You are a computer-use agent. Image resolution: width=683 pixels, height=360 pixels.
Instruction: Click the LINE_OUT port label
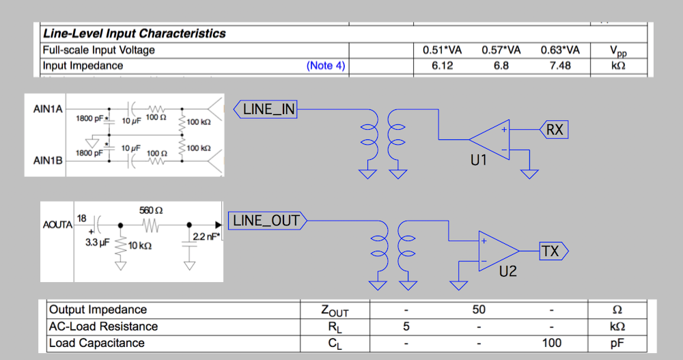266,221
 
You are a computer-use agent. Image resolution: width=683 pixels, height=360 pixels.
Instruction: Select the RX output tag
554,129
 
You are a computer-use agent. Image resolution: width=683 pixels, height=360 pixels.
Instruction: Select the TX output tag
550,251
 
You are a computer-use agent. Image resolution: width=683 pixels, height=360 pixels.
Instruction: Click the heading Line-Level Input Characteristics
134,33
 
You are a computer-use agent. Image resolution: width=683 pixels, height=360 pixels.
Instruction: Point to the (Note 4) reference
326,66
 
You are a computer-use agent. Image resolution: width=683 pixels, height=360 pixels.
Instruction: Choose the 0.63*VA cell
560,50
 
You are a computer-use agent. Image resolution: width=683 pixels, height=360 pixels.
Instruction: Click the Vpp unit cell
617,51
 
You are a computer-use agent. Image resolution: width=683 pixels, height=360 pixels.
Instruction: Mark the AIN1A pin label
48,109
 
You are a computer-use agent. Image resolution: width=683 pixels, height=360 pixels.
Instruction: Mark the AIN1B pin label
48,161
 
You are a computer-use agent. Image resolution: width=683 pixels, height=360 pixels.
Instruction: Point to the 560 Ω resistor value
150,209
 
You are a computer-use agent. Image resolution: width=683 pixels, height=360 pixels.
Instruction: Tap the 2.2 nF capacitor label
206,236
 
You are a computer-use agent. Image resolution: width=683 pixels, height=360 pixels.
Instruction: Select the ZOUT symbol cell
334,311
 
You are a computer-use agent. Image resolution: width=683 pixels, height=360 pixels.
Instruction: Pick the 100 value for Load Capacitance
551,342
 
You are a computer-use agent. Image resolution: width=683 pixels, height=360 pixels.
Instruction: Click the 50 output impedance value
478,310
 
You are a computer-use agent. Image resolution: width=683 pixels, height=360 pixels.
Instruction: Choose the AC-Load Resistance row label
103,327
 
